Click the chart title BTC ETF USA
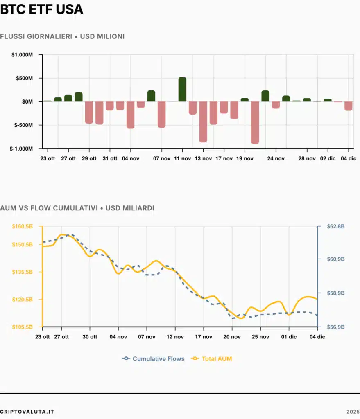tap(41, 9)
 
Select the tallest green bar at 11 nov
tap(182, 89)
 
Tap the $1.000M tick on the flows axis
tap(23, 55)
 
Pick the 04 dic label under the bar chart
tap(349, 158)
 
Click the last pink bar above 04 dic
tap(349, 106)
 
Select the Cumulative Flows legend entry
tap(154, 359)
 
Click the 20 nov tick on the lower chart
tap(232, 337)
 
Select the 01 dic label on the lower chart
tap(289, 337)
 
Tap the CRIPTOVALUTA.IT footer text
tap(27, 411)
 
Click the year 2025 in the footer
tap(352, 411)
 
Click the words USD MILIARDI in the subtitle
tap(130, 208)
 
